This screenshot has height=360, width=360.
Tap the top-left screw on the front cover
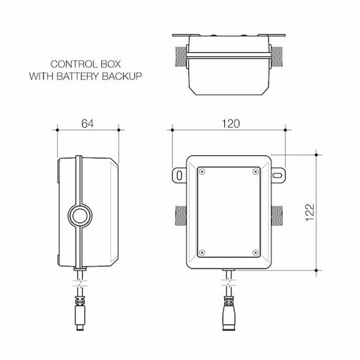pos(202,170)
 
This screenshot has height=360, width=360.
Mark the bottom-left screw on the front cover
pos(202,252)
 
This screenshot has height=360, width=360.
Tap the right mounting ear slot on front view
pos(279,174)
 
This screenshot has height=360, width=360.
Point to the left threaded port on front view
pos(178,214)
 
